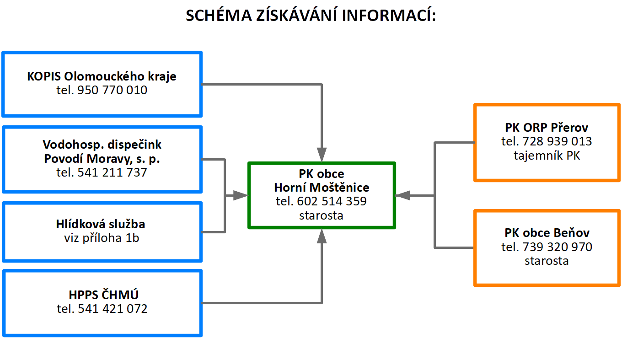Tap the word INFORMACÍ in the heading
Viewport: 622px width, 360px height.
tap(389, 15)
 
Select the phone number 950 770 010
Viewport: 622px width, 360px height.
tap(112, 90)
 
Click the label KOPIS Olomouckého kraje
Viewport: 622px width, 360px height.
tap(102, 76)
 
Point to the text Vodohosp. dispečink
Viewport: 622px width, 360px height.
tap(102, 145)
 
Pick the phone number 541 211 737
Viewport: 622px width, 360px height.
tap(112, 172)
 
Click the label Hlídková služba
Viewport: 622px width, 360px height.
tap(101, 224)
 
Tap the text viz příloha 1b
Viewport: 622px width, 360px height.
tap(102, 238)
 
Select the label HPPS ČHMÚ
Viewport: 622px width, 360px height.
tap(103, 295)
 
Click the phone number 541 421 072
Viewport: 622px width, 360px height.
tap(113, 309)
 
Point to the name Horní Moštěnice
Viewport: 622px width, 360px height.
tap(322, 188)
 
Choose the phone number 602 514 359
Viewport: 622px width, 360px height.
tap(332, 201)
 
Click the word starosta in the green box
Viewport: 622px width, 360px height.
tap(321, 215)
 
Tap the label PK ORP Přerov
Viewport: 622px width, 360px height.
tap(547, 128)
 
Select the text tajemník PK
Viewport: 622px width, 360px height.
tap(547, 156)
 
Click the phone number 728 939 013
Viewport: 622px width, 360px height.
tap(558, 141)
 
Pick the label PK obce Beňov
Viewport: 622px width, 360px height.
tap(547, 233)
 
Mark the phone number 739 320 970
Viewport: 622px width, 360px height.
tap(558, 247)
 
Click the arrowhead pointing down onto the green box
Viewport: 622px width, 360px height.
tap(322, 155)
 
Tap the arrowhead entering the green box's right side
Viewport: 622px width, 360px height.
tap(402, 196)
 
